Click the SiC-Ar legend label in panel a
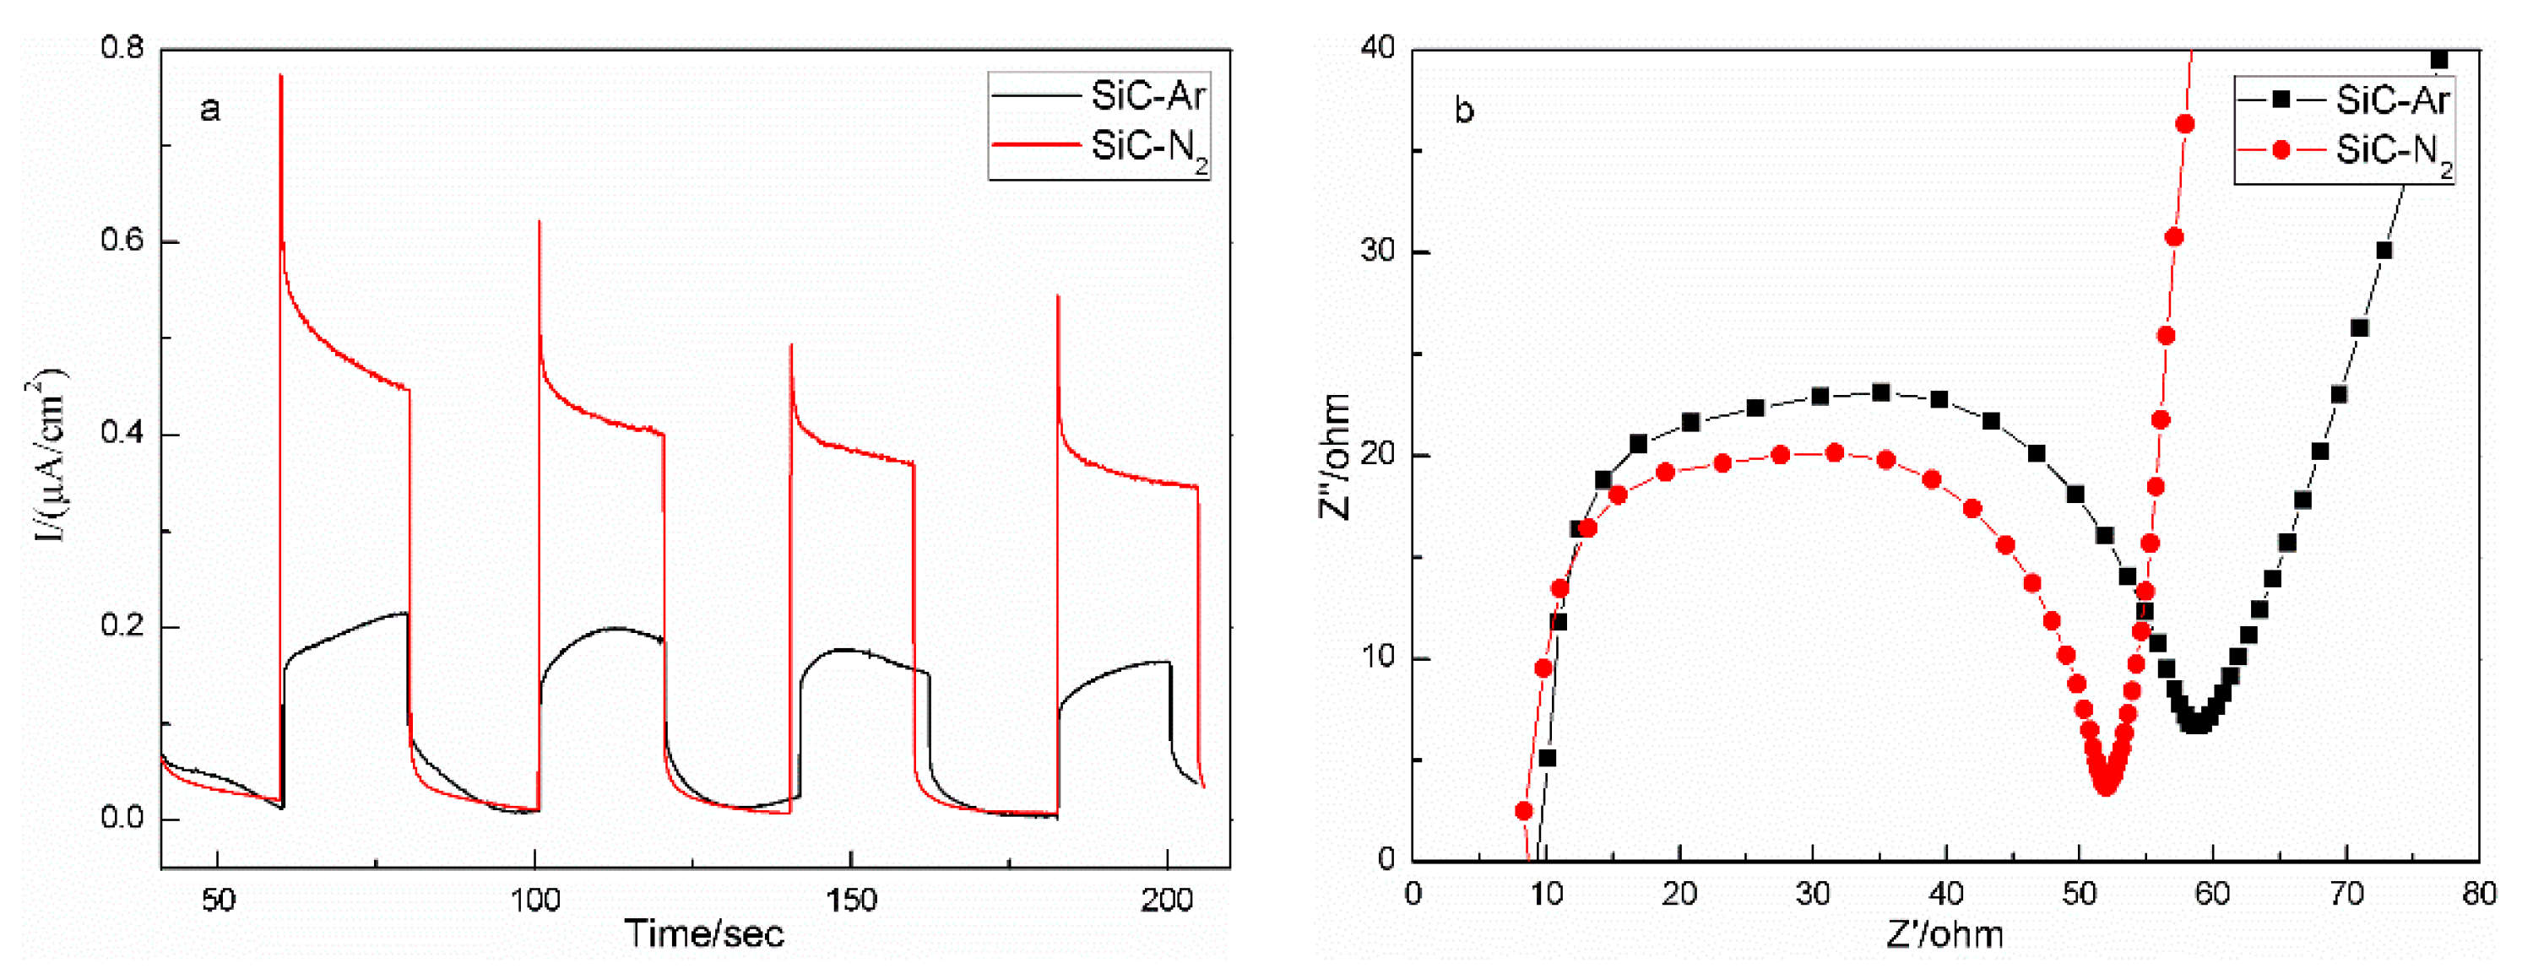(1147, 96)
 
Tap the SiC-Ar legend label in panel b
(2391, 100)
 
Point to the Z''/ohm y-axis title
(1337, 456)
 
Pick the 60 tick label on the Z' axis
(2211, 895)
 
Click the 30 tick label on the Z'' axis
(1379, 252)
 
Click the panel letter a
(209, 109)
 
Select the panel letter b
(1464, 111)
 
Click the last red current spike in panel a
(1058, 297)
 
